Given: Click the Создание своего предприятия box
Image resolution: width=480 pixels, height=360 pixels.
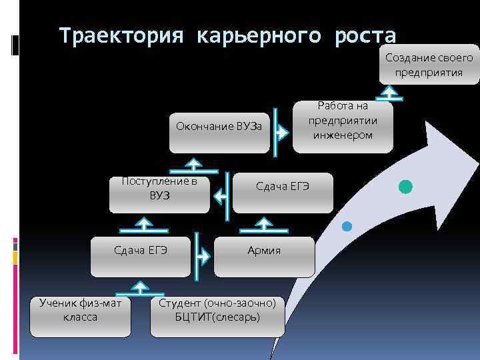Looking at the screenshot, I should tap(429, 65).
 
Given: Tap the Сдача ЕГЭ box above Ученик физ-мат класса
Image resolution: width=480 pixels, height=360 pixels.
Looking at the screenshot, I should tap(140, 251).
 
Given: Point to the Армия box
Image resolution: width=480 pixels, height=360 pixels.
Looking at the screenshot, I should tap(264, 251).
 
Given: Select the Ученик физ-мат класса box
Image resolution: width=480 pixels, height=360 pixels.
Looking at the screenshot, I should tap(80, 311).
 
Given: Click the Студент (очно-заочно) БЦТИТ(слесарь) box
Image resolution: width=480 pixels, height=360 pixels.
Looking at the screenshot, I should tap(217, 311).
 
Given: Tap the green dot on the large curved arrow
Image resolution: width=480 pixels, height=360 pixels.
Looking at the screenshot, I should tap(405, 187).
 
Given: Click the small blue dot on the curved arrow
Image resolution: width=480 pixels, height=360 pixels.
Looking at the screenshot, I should tap(346, 226).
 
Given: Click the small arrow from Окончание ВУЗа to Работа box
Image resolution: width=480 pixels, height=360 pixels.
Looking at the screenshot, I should tap(282, 133).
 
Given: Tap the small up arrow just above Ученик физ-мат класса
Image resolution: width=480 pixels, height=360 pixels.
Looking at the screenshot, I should tap(139, 287).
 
